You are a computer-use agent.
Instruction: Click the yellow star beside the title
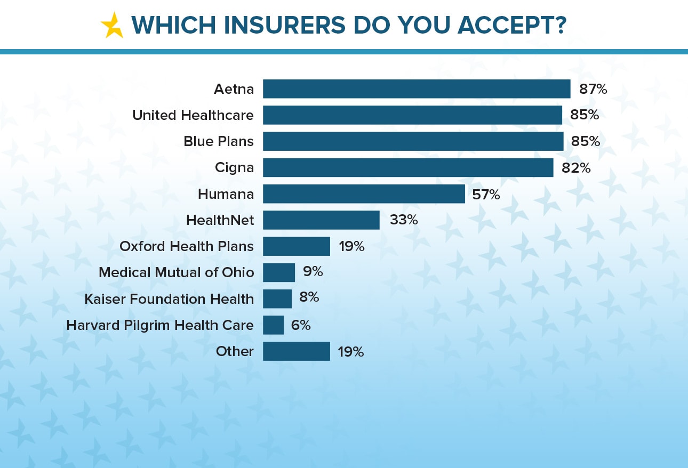pos(113,26)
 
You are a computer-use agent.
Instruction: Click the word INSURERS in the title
pos(285,25)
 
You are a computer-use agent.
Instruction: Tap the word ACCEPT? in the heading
pos(511,25)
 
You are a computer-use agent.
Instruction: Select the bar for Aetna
pos(417,89)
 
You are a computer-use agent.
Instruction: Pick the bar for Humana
pos(364,194)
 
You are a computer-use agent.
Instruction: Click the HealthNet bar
pos(321,220)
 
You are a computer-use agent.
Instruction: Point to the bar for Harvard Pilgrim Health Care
pos(274,325)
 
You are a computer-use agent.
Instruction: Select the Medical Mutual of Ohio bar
pos(279,272)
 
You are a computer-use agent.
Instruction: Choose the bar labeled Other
pos(297,351)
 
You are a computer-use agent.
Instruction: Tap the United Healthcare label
pos(193,115)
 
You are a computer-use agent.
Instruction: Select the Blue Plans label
pos(219,141)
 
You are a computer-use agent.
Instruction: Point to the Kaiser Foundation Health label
pos(169,299)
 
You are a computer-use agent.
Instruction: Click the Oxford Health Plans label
pos(187,246)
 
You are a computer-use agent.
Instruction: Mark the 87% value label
pos(593,90)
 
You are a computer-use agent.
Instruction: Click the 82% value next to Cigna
pos(576,168)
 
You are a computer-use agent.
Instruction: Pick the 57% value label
pos(486,195)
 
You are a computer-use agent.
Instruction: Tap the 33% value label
pos(404,220)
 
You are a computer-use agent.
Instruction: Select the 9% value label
pos(313,271)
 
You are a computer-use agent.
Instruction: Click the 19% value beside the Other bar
pos(351,352)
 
